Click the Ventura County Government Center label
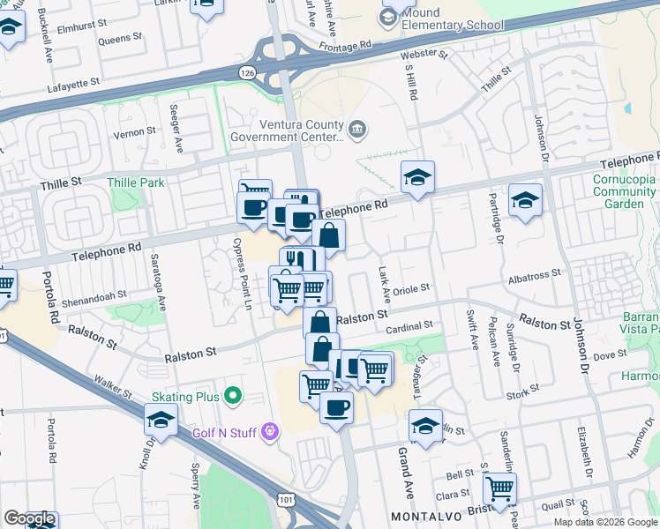tap(287, 130)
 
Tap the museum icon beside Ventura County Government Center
tap(357, 130)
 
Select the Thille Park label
tap(131, 183)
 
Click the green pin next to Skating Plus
tap(233, 397)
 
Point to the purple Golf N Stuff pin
tap(271, 431)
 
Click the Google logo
tap(29, 518)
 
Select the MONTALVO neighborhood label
tap(426, 513)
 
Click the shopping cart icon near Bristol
tap(500, 487)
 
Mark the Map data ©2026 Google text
tap(604, 521)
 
